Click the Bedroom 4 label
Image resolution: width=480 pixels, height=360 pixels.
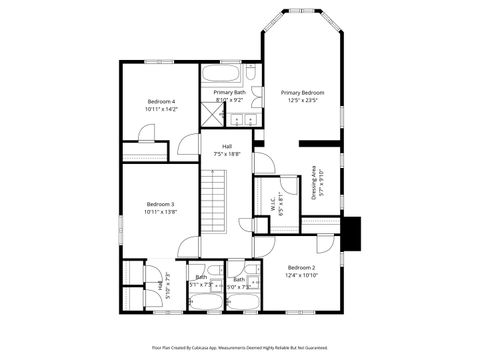161,101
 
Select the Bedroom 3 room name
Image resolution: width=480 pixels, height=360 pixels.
160,204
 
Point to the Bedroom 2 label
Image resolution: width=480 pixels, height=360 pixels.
301,268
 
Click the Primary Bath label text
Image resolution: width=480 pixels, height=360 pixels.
229,92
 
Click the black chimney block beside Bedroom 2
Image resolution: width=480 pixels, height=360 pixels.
350,235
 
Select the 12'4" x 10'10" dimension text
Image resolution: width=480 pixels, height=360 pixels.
301,276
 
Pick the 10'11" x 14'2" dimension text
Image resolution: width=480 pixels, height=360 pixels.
161,109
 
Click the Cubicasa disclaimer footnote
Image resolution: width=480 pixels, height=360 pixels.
240,347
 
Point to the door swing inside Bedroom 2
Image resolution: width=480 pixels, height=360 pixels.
325,245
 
